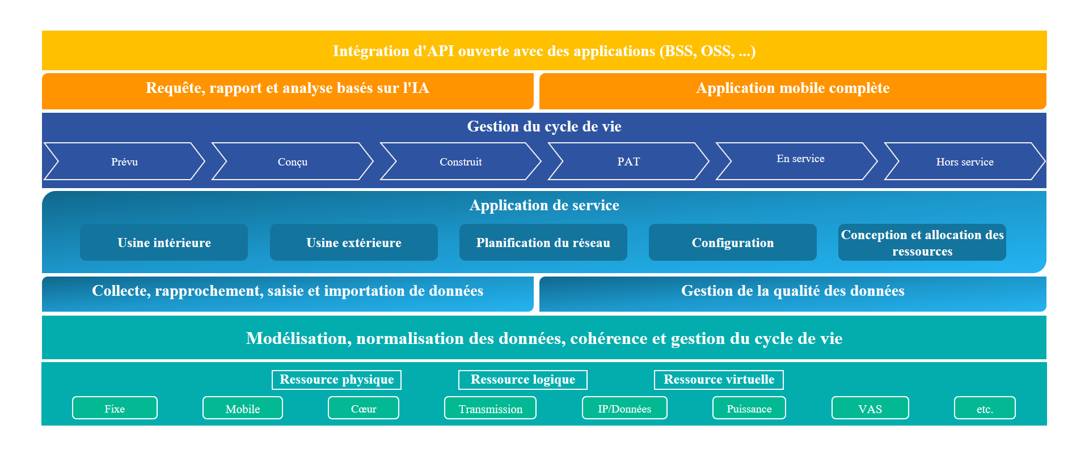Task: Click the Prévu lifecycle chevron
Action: point(124,161)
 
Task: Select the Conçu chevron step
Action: point(293,161)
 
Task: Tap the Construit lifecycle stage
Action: point(461,161)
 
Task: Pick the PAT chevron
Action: point(628,161)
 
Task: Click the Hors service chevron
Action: point(965,161)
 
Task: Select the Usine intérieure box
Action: point(164,243)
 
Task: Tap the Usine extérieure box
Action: point(354,243)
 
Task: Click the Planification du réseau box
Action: point(543,243)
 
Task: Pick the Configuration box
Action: point(733,243)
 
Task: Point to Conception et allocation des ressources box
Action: point(922,243)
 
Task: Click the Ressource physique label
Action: point(337,380)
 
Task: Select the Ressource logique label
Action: point(523,380)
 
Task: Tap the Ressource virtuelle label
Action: point(719,380)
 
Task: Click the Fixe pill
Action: point(115,408)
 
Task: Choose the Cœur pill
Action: point(364,408)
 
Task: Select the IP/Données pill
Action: point(624,408)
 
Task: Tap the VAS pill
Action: point(870,408)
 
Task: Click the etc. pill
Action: point(985,408)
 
